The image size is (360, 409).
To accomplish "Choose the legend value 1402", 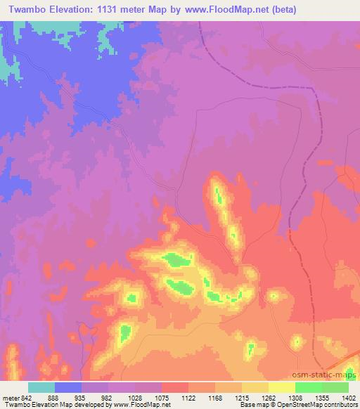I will point(348,397).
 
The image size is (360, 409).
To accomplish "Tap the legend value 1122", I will point(188,397).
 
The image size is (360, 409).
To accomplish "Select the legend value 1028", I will point(135,397).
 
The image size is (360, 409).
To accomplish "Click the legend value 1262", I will point(269,397).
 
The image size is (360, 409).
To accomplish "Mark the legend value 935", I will point(82,397).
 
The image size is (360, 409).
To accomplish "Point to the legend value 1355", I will point(322,397).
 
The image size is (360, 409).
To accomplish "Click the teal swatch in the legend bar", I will point(41,387).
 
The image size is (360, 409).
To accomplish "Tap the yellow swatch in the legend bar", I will point(282,387).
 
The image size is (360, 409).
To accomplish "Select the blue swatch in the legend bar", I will point(68,387).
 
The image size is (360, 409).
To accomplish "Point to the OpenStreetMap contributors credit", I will point(319,405).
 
